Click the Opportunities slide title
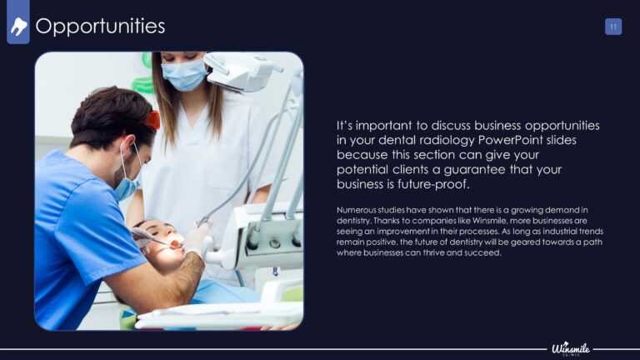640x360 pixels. (100, 27)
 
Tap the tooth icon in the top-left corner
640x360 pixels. (18, 27)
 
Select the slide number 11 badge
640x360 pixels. (613, 27)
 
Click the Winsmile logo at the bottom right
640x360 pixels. (571, 348)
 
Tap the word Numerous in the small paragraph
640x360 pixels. (354, 210)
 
